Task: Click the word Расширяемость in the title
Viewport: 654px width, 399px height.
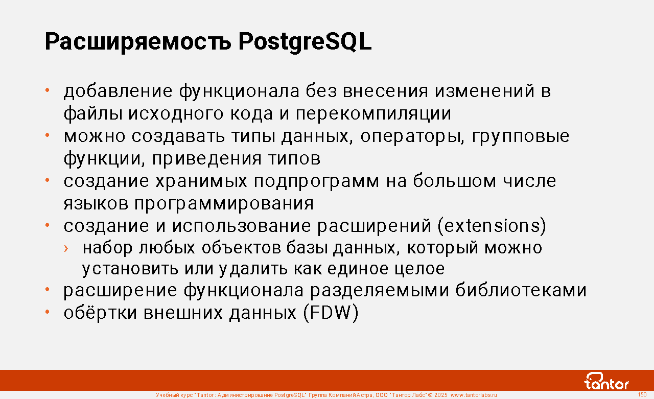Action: point(138,42)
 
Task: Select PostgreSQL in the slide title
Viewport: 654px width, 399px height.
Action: point(305,42)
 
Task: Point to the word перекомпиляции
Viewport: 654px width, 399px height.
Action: point(373,113)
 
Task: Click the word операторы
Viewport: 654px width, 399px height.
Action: point(412,136)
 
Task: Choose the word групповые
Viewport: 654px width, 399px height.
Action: point(521,136)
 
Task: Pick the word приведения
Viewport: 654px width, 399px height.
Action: point(207,159)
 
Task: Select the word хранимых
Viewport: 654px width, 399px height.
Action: point(201,181)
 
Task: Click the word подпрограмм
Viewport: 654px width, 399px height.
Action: point(316,181)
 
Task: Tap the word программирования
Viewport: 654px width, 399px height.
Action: point(224,204)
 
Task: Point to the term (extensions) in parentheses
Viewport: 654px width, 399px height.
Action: point(492,226)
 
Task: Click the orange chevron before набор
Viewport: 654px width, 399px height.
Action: point(66,248)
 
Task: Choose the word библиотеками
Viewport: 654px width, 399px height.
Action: point(521,290)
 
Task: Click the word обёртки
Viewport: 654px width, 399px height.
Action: point(100,313)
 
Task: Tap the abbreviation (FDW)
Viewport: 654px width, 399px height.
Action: point(331,313)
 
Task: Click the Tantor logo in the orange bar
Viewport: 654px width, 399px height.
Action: point(606,381)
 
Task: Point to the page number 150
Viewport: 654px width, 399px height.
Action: point(642,394)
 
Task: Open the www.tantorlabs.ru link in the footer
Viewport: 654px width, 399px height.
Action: point(474,395)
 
